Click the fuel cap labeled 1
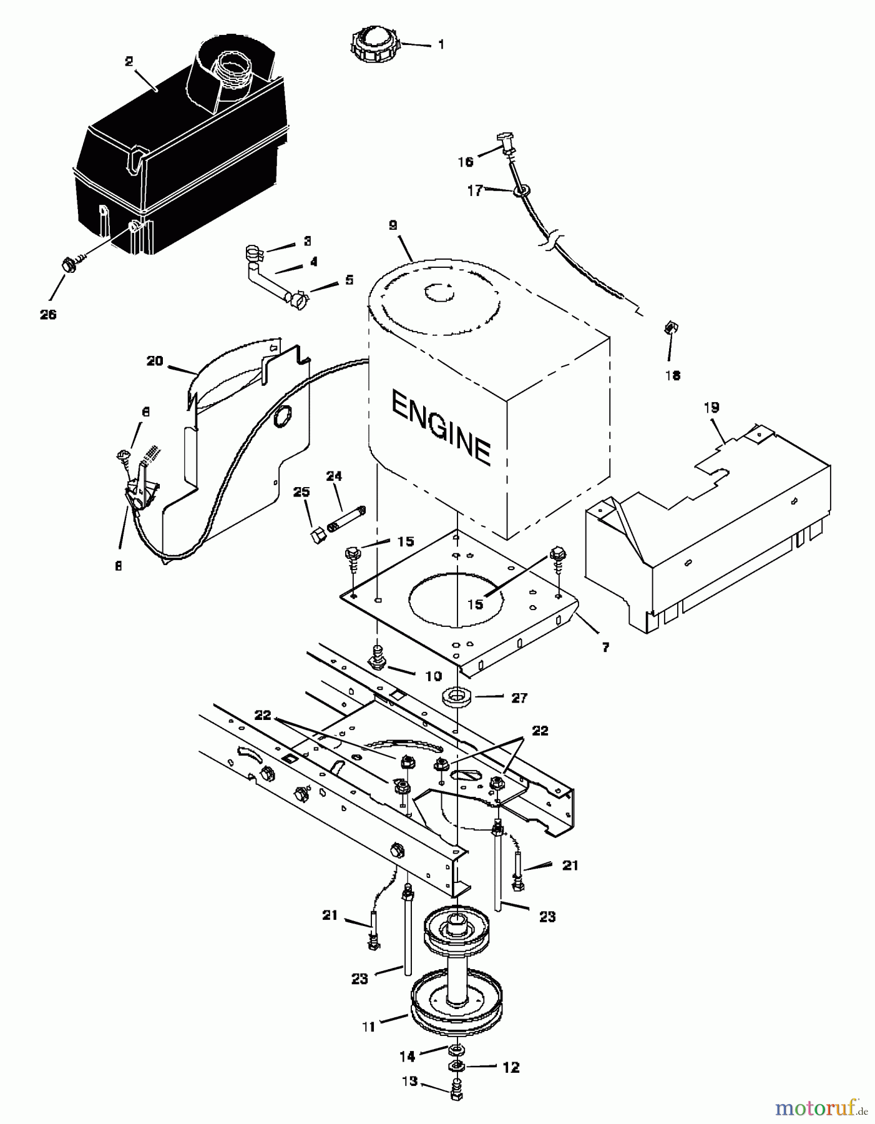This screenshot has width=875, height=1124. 373,44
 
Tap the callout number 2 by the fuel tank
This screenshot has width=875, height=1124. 129,61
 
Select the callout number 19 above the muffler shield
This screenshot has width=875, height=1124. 711,408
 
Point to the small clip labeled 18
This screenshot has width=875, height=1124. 670,327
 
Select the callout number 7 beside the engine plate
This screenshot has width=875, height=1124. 605,648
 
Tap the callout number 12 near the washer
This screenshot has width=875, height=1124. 511,1068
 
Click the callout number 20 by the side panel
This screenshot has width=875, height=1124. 155,360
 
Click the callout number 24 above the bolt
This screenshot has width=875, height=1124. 334,476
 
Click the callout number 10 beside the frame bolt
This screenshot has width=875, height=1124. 433,676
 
